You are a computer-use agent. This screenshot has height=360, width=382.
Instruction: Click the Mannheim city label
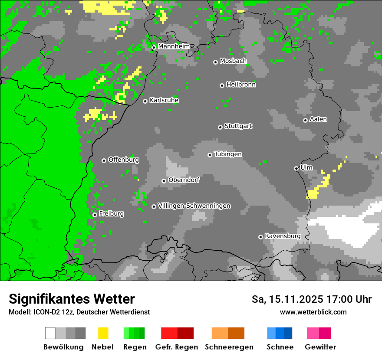(x=174, y=46)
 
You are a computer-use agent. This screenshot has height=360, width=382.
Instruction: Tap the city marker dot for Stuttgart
(x=220, y=127)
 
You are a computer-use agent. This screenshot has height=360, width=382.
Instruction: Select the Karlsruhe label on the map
(x=164, y=101)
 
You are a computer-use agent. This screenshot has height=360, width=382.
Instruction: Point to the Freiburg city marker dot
(x=95, y=215)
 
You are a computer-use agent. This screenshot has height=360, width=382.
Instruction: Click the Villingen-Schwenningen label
(x=194, y=206)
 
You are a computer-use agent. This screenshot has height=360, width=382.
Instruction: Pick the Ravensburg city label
(x=282, y=236)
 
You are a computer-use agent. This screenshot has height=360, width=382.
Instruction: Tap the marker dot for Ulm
(x=296, y=168)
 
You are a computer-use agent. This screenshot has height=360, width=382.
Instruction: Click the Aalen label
(x=318, y=119)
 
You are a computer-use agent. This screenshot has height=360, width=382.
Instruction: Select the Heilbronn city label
(x=240, y=85)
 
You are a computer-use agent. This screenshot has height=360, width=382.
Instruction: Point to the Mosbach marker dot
(x=215, y=62)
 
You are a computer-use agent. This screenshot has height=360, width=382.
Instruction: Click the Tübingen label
(x=228, y=154)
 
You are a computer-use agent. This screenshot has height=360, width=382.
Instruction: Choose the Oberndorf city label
(x=184, y=180)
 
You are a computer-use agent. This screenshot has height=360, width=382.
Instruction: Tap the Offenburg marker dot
(x=104, y=160)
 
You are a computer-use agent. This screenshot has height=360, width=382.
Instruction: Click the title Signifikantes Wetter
(x=72, y=299)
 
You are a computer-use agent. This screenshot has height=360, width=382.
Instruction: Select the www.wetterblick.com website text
(x=313, y=312)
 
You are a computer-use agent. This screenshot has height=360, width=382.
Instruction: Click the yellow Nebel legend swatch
(x=103, y=333)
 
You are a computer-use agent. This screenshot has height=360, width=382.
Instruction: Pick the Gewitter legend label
(x=320, y=347)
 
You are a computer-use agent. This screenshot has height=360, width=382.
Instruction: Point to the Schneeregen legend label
(x=229, y=347)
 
